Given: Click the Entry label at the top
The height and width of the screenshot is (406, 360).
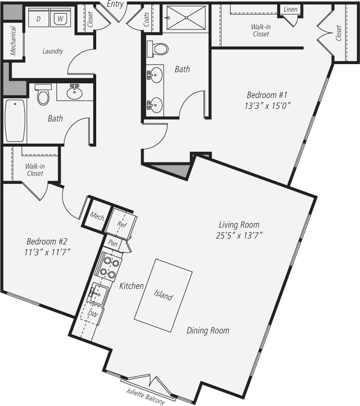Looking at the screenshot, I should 115,4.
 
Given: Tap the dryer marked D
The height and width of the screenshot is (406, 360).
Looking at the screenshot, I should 38,18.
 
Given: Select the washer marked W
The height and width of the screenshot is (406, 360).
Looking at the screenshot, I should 60,18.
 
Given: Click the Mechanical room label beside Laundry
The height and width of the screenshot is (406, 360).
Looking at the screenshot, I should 13,41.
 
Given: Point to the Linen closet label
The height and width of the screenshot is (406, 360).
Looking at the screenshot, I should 290,9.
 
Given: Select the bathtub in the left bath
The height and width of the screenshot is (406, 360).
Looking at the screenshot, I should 15,121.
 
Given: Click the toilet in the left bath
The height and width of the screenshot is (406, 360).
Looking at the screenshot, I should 43,94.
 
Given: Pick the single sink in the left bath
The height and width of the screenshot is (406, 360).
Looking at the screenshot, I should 75,91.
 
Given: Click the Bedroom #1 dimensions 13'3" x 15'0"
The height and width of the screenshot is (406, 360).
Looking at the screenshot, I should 268,106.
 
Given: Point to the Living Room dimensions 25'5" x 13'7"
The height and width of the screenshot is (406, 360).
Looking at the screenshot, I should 239,235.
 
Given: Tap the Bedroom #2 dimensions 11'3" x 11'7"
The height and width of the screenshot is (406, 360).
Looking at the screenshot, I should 47,251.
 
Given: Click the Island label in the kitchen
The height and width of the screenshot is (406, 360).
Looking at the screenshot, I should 163,295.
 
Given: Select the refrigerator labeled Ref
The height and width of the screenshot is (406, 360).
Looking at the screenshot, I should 122,224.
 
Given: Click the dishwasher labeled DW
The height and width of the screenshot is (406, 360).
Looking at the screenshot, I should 93,315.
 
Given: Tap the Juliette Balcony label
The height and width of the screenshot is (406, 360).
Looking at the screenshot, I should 145,396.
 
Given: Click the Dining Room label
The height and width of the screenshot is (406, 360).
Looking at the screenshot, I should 208,330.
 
